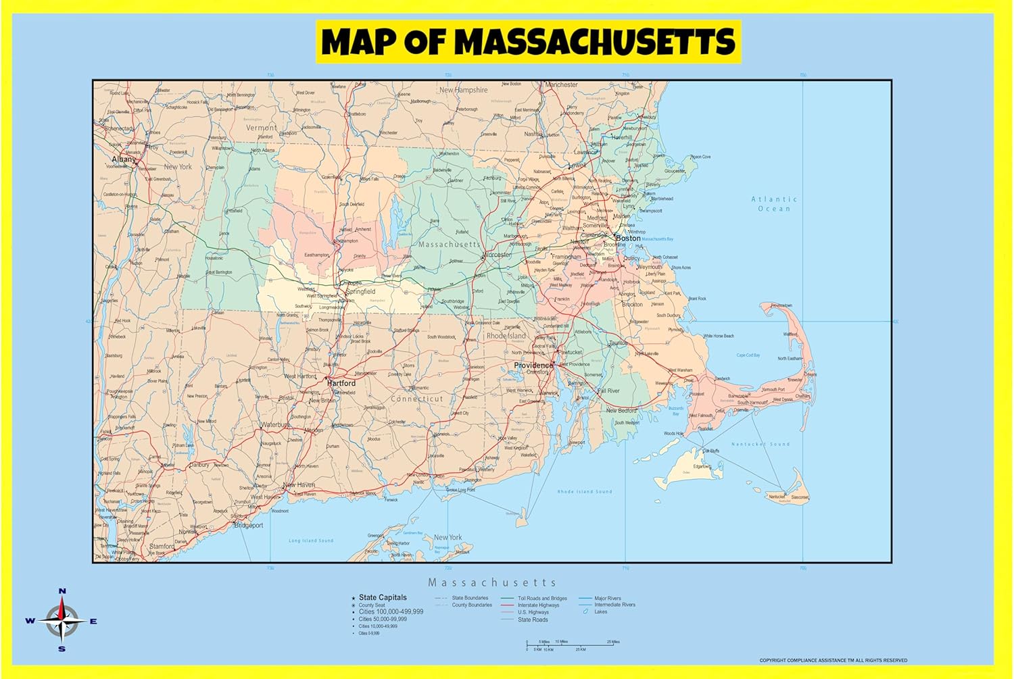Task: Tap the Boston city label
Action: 628,238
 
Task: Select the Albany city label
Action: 124,159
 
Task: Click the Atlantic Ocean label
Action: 774,203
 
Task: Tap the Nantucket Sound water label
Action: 760,444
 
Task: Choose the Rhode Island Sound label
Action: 585,491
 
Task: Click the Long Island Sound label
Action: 311,540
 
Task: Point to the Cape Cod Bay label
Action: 748,355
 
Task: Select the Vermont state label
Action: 261,128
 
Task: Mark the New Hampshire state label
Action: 463,90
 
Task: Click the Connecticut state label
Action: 417,399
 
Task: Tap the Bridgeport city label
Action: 248,526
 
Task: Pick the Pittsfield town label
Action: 234,211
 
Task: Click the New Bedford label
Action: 621,410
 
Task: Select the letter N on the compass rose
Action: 62,591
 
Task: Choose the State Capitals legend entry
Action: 383,597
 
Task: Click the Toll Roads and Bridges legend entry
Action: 542,598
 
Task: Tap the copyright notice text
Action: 833,660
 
